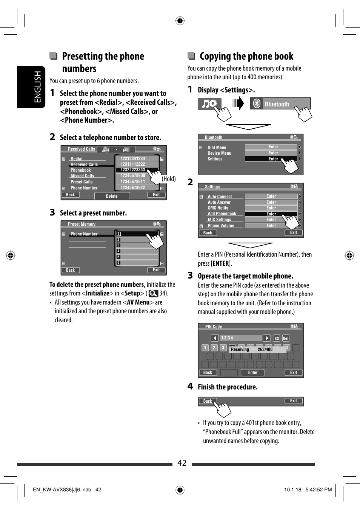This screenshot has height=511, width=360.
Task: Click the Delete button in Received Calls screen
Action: (112, 196)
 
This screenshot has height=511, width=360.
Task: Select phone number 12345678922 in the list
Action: (133, 188)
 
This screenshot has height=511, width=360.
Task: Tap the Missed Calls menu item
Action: (82, 176)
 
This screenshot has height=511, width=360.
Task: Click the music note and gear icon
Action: (209, 104)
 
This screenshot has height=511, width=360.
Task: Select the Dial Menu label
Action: (217, 148)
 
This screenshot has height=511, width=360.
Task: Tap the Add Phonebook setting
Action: (222, 214)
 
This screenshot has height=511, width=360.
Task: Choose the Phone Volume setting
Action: (221, 226)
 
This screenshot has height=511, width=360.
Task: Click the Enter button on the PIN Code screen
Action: (253, 372)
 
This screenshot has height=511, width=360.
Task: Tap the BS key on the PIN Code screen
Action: (277, 338)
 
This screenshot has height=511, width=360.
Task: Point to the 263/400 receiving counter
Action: (265, 349)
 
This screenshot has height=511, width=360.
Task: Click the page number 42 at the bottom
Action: (182, 463)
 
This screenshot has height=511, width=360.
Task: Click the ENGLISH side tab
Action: (37, 87)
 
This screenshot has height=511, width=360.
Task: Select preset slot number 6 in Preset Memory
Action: (118, 263)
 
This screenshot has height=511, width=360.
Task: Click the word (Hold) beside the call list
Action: (169, 179)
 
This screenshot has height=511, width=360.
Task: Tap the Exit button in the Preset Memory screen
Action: (156, 270)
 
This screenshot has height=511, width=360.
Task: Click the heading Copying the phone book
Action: (246, 56)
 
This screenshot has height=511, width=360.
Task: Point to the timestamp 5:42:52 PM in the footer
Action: (318, 489)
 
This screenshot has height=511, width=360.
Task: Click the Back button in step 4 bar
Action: (208, 401)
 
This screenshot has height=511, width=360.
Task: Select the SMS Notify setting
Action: (218, 208)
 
